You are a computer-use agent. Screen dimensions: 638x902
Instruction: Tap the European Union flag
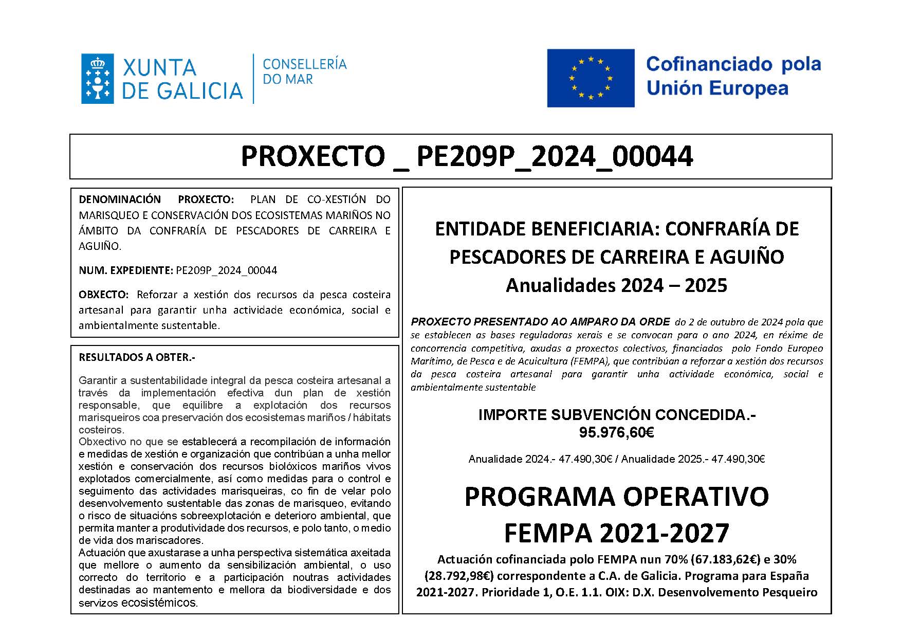tap(591, 78)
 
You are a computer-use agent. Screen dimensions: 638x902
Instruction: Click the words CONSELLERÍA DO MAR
tap(304, 71)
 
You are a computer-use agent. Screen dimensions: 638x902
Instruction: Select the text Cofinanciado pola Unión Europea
tap(733, 76)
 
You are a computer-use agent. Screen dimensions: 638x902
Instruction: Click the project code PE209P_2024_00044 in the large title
tap(554, 156)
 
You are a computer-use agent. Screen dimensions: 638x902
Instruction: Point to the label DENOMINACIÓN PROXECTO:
tap(156, 199)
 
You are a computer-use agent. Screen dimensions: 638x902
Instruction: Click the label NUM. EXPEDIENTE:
tap(125, 270)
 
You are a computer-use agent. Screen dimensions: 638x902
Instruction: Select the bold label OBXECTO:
tap(103, 295)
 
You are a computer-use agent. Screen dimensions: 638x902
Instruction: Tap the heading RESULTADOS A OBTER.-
tap(137, 357)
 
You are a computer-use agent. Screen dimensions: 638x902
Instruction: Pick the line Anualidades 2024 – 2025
tap(616, 285)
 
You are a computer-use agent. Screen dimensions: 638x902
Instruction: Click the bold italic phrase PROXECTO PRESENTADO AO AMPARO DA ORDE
tap(540, 322)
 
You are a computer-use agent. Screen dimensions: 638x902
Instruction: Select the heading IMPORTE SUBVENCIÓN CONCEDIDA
tap(616, 415)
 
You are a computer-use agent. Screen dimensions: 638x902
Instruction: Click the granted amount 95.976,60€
tap(616, 432)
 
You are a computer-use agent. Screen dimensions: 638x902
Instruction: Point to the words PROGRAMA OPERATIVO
tap(616, 497)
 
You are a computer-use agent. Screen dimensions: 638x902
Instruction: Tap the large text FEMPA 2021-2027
tap(616, 533)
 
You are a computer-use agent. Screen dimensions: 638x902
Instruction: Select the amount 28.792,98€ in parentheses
tap(459, 576)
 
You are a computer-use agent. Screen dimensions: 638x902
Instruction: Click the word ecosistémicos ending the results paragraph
tap(159, 603)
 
